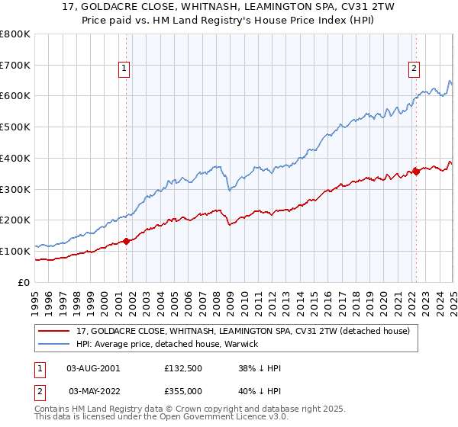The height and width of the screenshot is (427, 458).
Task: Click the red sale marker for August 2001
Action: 127,241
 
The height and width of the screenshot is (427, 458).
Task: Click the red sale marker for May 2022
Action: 416,172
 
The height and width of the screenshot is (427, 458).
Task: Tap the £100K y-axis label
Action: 15,251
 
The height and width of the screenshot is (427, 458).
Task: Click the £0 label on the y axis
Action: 24,282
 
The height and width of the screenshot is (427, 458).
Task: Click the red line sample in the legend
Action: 56,331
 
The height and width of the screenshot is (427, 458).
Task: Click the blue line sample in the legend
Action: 56,345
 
